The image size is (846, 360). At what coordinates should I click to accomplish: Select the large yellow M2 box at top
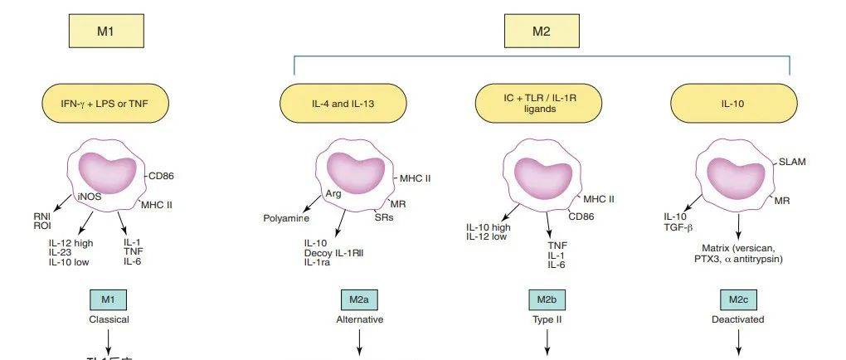tap(540, 33)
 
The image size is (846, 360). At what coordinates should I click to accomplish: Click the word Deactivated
tap(738, 319)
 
